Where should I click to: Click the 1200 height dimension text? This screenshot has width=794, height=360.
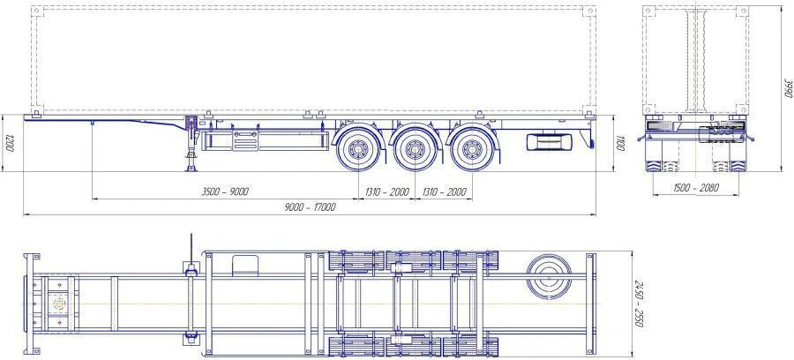(x=8, y=143)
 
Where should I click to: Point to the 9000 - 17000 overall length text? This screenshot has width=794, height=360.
(x=309, y=207)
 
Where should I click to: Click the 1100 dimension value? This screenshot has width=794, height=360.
(x=620, y=143)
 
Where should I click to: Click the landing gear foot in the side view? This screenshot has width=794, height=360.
(x=189, y=169)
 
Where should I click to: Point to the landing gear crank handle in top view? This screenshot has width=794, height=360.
(x=189, y=244)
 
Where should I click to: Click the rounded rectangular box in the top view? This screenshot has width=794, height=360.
(x=245, y=265)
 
